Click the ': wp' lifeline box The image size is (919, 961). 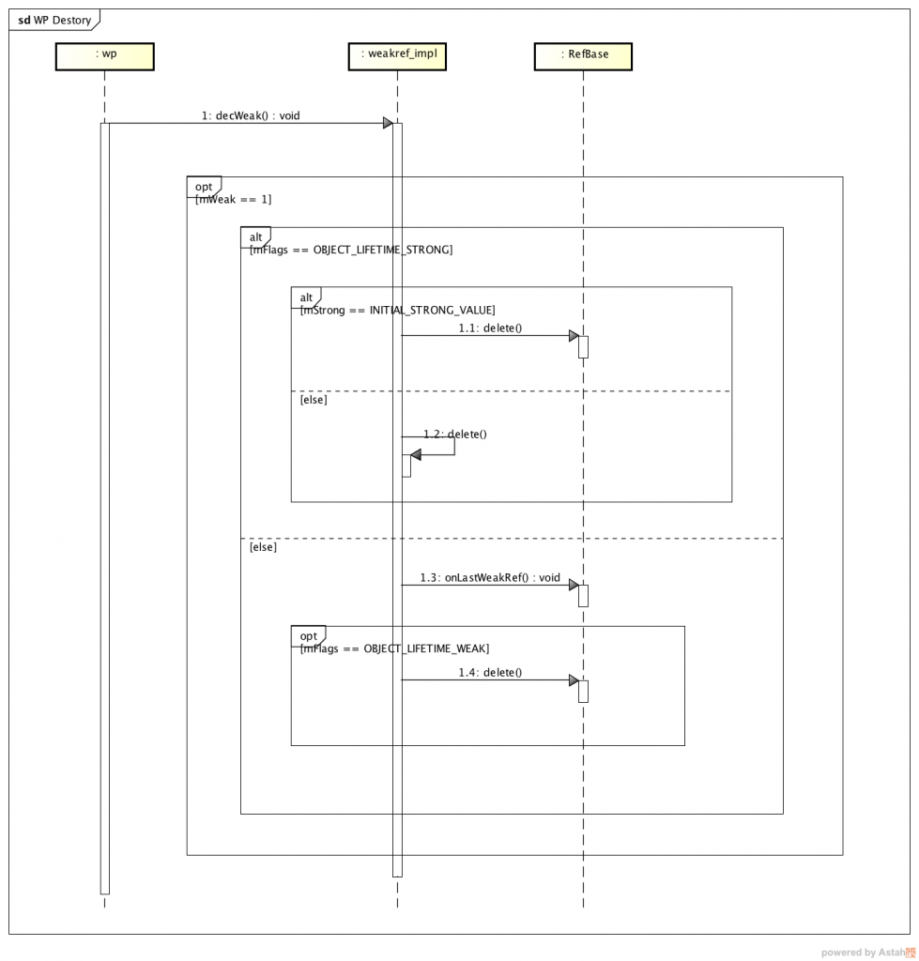click(104, 55)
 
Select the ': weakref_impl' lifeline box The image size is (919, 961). click(397, 55)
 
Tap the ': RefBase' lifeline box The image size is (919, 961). click(583, 55)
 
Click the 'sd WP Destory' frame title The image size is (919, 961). click(54, 19)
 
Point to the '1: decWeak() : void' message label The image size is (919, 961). click(251, 116)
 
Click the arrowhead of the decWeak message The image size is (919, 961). click(387, 123)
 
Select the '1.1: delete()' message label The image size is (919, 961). click(490, 328)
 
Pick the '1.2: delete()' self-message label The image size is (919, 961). click(455, 434)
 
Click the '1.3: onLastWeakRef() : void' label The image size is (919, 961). click(490, 577)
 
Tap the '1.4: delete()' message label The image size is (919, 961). click(490, 672)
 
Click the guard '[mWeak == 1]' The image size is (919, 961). click(234, 200)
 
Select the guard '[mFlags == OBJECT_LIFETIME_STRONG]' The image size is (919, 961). click(351, 250)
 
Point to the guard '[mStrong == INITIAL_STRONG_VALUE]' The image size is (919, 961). click(397, 310)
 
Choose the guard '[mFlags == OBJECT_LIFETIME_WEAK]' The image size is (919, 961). click(394, 648)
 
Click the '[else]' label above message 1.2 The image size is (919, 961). click(314, 400)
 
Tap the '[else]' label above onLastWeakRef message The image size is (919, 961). click(263, 546)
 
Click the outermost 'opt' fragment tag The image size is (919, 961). click(204, 187)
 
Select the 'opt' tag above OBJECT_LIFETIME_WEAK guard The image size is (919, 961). click(308, 635)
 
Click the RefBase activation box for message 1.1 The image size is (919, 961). click(583, 346)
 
